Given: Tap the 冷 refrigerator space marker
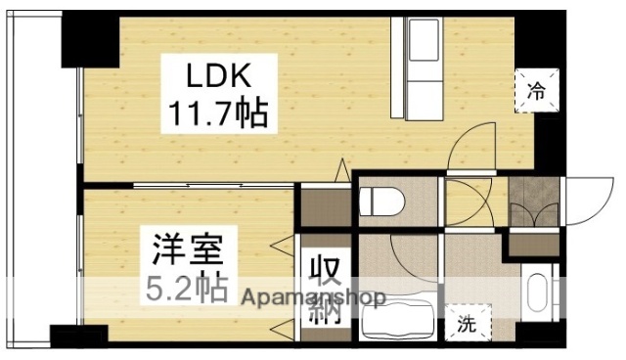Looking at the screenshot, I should click(x=537, y=91).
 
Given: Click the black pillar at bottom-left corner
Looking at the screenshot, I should click(x=78, y=337).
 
